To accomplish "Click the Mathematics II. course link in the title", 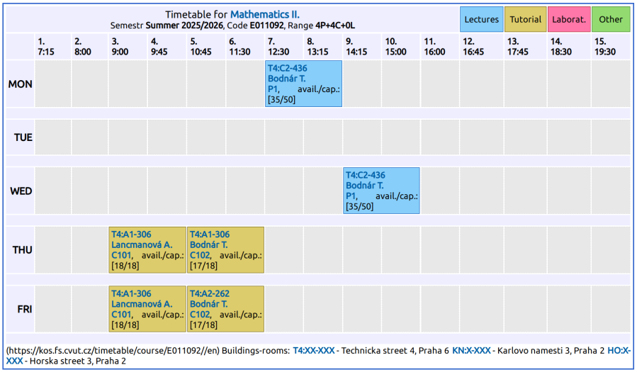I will point(265,14).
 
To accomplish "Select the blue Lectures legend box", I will point(482,19).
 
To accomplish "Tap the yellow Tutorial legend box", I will point(525,19).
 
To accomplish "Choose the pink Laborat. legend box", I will point(569,19).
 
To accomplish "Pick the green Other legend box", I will point(611,19).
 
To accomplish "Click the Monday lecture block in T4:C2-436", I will point(303,84).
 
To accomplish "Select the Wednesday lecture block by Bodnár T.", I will point(381,191).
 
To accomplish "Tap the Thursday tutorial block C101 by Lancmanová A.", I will point(147,250).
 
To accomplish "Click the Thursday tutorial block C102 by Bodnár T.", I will point(225,250).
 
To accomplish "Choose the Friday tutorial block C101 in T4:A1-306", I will point(147,309).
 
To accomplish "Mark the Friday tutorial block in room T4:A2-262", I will point(225,309).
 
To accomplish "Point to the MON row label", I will point(21,84).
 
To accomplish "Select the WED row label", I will point(21,191).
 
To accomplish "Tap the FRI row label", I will point(24,310).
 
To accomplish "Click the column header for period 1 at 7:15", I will point(46,47).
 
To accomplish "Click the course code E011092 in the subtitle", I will point(269,26).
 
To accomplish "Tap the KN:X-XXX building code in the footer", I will point(471,351).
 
